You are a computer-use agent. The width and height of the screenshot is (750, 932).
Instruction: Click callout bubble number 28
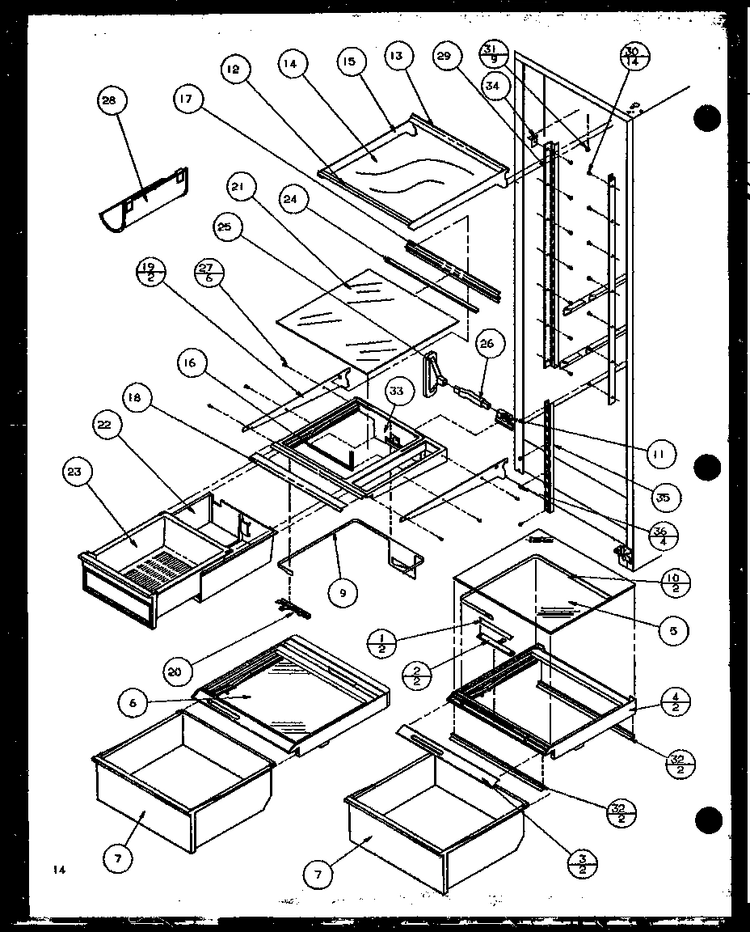108,101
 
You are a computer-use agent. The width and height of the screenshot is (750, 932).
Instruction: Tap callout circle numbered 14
292,63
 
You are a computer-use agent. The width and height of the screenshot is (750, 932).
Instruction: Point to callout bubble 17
187,99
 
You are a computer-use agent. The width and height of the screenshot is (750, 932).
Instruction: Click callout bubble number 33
396,392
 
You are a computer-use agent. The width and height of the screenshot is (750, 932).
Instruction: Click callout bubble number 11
659,455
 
